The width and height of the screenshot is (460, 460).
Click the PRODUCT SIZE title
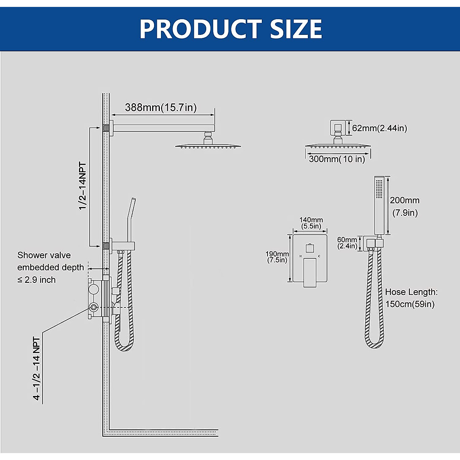tap(230, 29)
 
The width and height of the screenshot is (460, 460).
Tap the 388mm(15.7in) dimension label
tap(161, 108)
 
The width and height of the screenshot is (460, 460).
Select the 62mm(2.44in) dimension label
tap(379, 128)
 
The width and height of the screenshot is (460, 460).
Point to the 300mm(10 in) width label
tap(337, 159)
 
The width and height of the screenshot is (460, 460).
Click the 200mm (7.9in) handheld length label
tap(404, 206)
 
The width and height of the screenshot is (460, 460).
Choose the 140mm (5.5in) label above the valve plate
tap(311, 223)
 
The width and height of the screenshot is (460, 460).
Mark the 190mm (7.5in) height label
tap(277, 257)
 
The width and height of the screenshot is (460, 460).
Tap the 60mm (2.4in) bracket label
tap(347, 243)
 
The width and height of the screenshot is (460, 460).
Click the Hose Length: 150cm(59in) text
tap(411, 298)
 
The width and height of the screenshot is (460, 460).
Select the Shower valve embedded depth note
tap(50, 268)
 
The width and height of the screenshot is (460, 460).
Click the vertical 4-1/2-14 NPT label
tap(37, 369)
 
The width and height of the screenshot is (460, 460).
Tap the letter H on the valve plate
tap(300, 256)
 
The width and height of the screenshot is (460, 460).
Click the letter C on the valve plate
tap(319, 256)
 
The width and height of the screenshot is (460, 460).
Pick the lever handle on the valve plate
tap(310, 272)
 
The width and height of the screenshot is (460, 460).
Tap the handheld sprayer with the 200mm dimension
tap(379, 205)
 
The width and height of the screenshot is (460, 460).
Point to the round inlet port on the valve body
tap(93, 306)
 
